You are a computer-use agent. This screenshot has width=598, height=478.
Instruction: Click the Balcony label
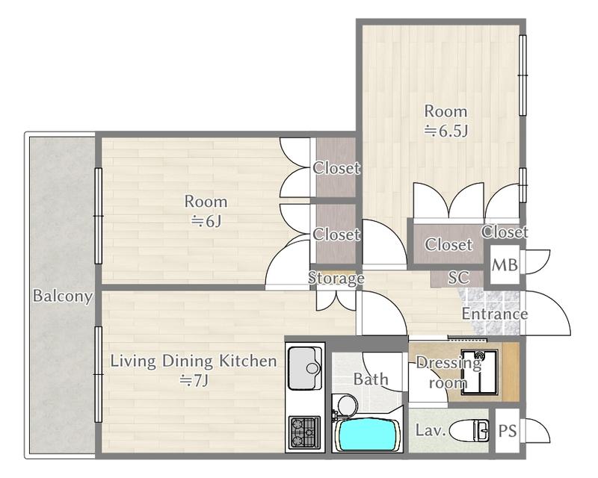point(63,296)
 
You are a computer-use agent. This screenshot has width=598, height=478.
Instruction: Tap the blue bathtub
point(366,435)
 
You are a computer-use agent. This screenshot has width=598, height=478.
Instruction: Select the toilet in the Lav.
point(469,431)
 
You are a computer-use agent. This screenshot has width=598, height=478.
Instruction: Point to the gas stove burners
point(305,432)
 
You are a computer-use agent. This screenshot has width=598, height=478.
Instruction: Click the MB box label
point(505,265)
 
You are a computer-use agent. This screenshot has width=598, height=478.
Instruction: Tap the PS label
point(508,431)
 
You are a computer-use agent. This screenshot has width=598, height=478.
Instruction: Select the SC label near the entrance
point(458,278)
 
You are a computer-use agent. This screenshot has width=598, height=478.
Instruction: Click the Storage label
point(336,279)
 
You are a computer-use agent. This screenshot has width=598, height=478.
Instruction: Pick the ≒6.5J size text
point(446,131)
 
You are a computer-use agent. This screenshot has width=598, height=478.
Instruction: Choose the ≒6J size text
point(206,222)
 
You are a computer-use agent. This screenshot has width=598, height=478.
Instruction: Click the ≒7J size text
point(194,380)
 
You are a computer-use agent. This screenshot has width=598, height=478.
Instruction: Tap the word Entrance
point(495,314)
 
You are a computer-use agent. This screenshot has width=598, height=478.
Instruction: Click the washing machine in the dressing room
point(479,372)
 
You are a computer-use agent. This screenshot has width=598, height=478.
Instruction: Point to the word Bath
point(371,379)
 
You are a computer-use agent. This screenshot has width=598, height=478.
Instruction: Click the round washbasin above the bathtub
point(348,404)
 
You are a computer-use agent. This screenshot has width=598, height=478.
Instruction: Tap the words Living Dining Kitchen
point(194,361)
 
